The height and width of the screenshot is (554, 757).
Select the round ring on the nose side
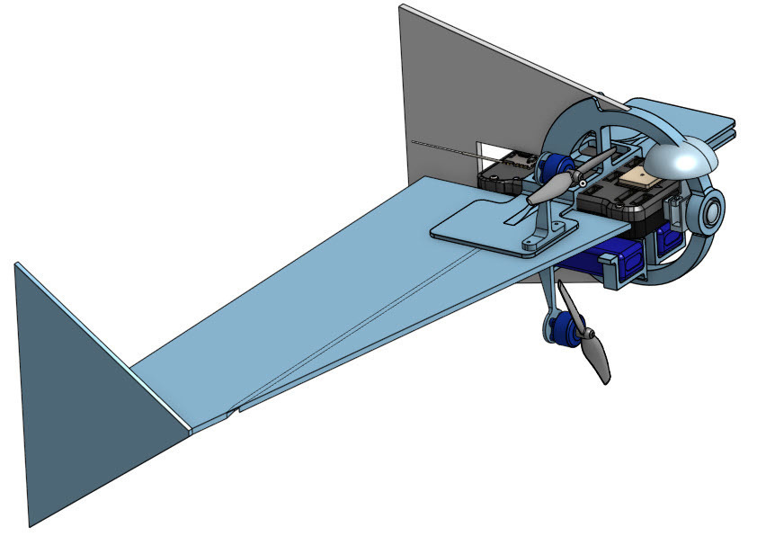(711, 213)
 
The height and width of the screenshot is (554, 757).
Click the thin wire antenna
(450, 150)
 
